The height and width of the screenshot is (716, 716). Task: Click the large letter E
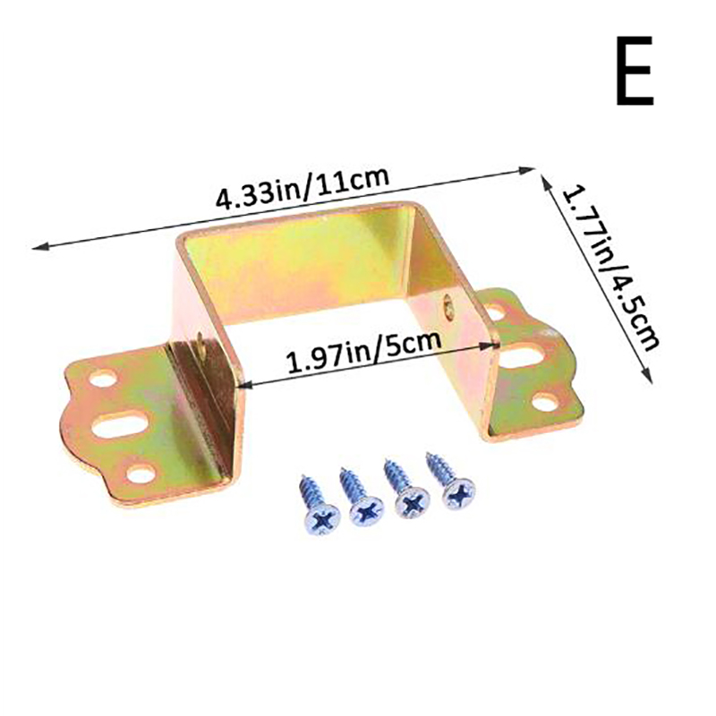click(x=635, y=71)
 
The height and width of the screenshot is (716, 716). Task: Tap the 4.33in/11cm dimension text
click(x=303, y=187)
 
